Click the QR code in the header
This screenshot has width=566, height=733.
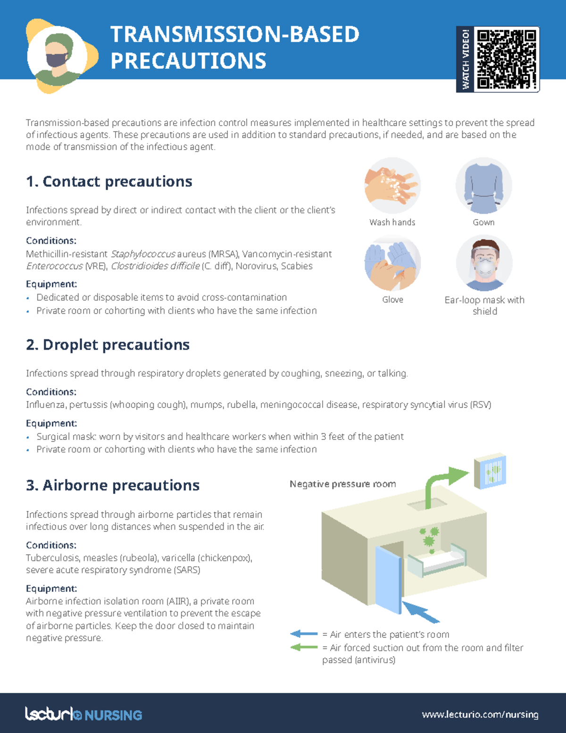pos(507,59)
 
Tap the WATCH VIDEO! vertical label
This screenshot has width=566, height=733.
pos(466,59)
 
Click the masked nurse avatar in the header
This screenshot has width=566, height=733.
pos(58,56)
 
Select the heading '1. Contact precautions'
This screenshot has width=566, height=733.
pos(109,182)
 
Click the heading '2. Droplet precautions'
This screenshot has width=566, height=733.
pos(108,345)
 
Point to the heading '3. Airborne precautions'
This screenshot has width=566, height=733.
pos(113,486)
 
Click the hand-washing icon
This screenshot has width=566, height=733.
pos(392,185)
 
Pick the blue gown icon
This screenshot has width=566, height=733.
pos(483,185)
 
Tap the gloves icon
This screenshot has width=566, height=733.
pos(392,263)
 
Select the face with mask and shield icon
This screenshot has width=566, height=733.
pos(484,263)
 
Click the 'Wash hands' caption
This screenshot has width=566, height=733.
pos(392,222)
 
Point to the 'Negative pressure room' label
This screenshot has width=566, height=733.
pos(342,484)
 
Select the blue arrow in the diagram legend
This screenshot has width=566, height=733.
pos(304,634)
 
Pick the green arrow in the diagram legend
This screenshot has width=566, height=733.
pos(304,647)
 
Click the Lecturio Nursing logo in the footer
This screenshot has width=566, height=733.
pos(83,715)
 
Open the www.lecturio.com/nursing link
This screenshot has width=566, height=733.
pos(480,715)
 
